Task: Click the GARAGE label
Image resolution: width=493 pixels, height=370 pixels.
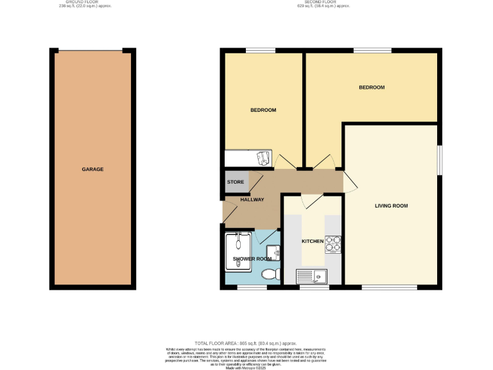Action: (x=92, y=170)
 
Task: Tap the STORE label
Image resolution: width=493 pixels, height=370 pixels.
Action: (x=234, y=182)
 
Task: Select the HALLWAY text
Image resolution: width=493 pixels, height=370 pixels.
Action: (x=252, y=200)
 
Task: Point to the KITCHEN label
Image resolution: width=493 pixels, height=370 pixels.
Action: (x=313, y=241)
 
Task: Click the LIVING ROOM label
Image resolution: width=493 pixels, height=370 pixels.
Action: (x=392, y=206)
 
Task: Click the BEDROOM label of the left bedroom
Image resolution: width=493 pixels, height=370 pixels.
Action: (x=263, y=110)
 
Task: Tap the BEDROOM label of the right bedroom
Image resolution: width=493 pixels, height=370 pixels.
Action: (x=371, y=87)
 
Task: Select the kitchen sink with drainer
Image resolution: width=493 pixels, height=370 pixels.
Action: (x=311, y=277)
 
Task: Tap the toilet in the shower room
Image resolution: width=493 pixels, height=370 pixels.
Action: (x=272, y=274)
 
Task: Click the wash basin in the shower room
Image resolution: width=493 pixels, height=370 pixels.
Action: (x=274, y=253)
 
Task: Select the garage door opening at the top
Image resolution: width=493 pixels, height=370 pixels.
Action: (x=89, y=51)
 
